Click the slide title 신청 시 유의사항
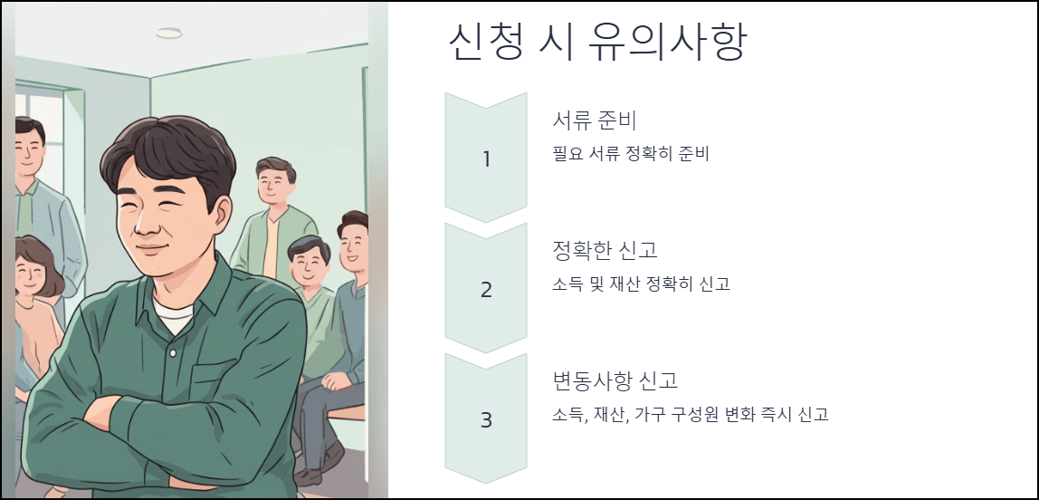click(596, 43)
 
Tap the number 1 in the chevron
click(486, 159)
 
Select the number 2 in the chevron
click(486, 290)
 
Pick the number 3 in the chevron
click(486, 420)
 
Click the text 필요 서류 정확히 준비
click(631, 153)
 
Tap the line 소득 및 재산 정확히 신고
click(641, 284)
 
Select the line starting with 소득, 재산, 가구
click(691, 414)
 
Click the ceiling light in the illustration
click(168, 34)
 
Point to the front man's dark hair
click(167, 154)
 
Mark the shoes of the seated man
click(310, 476)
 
